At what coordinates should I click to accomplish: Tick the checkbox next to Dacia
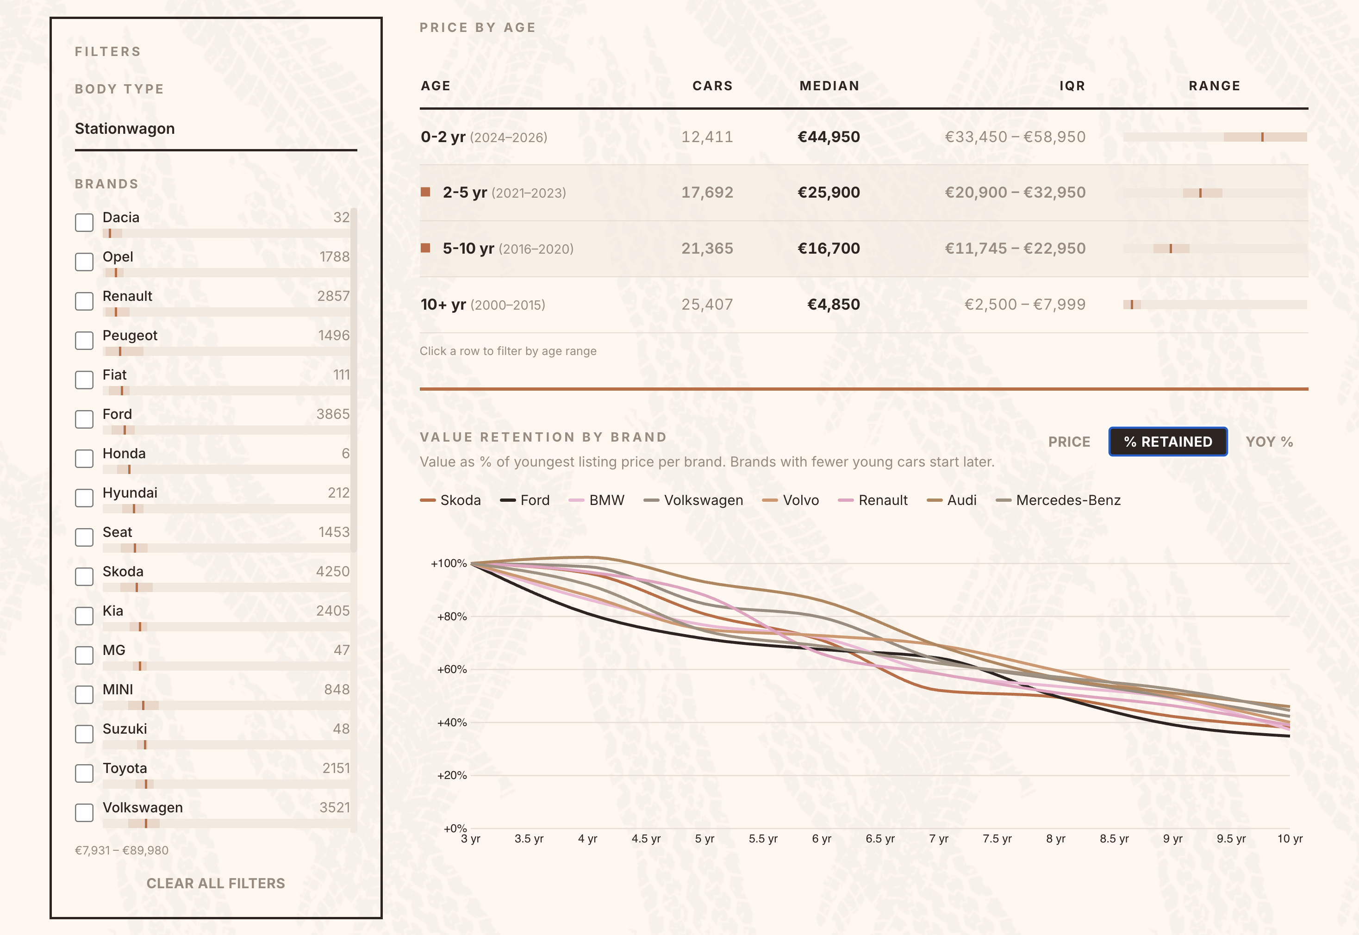pos(84,223)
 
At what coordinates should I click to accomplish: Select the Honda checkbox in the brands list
pos(84,459)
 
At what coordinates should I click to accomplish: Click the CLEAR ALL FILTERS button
pos(216,884)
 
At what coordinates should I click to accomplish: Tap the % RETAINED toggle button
pos(1167,442)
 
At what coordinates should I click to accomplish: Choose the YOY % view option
pos(1269,442)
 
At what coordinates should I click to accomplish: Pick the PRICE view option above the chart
pos(1069,442)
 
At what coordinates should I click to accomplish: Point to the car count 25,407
pos(707,305)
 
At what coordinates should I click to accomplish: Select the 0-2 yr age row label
pos(443,137)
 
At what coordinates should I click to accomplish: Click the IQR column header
pos(1072,86)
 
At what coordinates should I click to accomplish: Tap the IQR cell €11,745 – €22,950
pos(1015,249)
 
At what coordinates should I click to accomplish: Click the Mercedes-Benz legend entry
pos(1068,500)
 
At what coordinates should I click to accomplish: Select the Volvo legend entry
pos(800,500)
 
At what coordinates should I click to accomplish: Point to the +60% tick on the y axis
pos(452,669)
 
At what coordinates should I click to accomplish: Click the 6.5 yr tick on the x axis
pos(880,838)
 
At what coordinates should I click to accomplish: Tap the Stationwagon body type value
pos(125,129)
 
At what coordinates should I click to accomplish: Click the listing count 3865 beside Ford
pos(333,414)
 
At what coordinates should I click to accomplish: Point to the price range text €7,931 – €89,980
pos(122,850)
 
